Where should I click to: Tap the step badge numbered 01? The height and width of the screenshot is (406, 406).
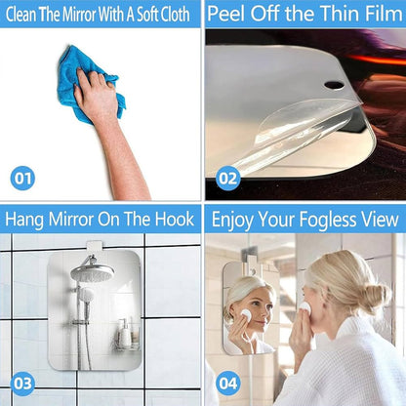(22, 178)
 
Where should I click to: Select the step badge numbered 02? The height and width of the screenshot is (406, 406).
(228, 178)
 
